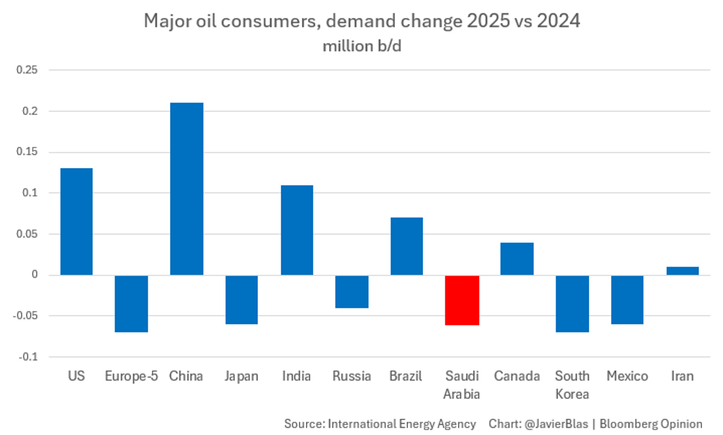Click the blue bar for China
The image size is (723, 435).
pos(187,189)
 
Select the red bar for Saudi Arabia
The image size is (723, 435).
pos(462,300)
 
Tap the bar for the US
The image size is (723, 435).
pos(77,221)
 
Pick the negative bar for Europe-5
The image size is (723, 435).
pos(131,304)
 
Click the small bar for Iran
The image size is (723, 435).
pos(683,271)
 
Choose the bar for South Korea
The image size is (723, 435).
pos(572,304)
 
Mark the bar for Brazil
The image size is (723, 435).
pos(407,246)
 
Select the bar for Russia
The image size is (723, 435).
pos(352,292)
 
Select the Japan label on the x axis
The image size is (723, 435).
pos(241,377)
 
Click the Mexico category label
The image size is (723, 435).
pos(627,377)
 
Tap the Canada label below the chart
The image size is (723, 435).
pos(517,377)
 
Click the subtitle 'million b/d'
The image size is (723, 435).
pos(361,46)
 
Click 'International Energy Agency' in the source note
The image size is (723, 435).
pos(402,424)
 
